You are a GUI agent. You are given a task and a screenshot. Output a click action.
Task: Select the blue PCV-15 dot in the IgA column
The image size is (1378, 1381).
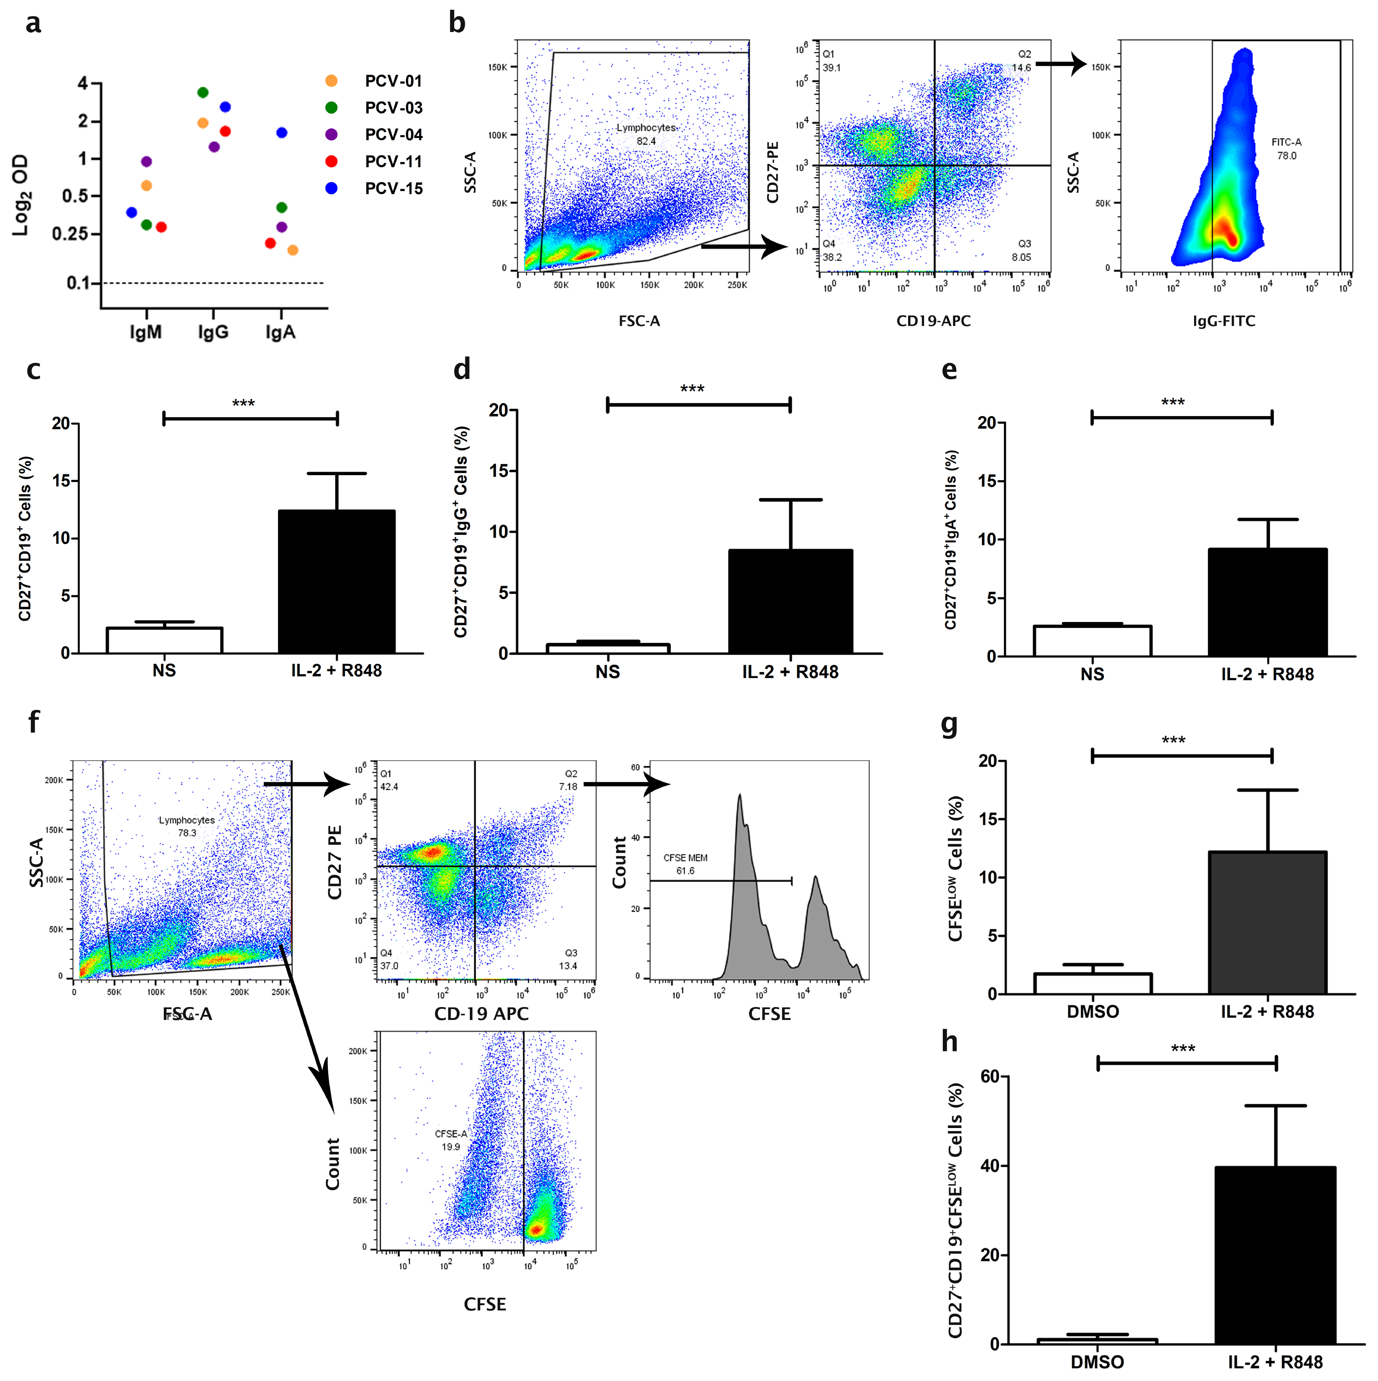(x=282, y=133)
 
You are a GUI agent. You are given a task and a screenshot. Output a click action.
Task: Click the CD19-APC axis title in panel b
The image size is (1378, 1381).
(x=933, y=321)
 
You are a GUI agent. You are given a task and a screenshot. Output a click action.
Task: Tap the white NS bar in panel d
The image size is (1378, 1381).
(x=608, y=648)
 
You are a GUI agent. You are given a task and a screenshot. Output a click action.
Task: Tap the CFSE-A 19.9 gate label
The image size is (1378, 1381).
(x=451, y=1140)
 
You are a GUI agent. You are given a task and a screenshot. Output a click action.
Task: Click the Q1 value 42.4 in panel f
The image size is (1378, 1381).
(x=390, y=786)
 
